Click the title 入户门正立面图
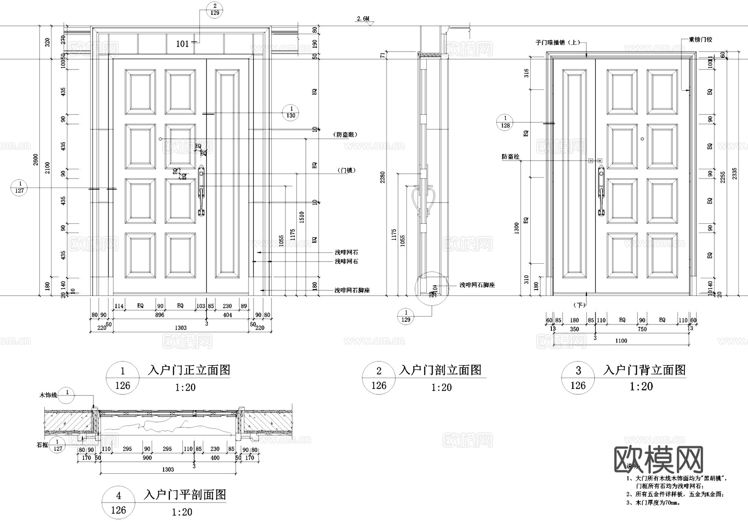189,370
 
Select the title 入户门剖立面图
440,370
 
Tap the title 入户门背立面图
644,370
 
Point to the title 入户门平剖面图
185,495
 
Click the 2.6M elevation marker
362,19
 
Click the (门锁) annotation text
346,171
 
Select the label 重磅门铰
700,40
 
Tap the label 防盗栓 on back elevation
510,157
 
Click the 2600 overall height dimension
35,160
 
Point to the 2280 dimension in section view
383,177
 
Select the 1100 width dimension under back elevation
621,341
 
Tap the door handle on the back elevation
601,191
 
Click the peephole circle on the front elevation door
160,139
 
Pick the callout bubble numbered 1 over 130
290,112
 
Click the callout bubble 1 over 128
505,122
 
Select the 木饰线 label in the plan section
48,395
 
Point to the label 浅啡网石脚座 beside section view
477,285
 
